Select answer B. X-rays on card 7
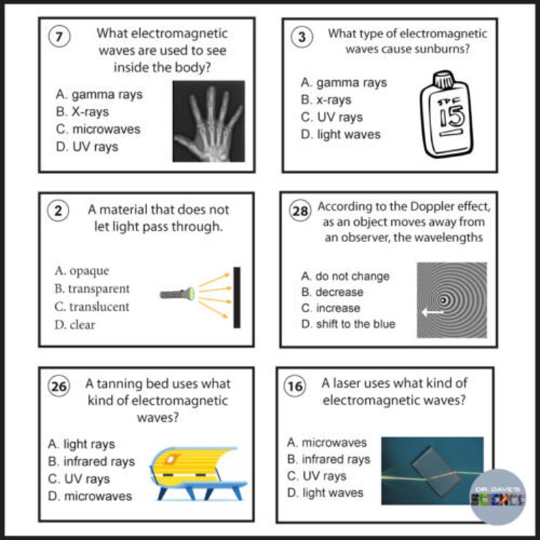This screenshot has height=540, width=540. click(82, 112)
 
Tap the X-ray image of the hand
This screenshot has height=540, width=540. click(208, 121)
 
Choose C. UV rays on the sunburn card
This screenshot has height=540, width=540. click(332, 117)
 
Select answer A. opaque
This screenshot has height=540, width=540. click(82, 271)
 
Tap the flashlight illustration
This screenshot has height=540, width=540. click(178, 294)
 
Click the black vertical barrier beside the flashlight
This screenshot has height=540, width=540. click(237, 297)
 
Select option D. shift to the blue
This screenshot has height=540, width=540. click(348, 324)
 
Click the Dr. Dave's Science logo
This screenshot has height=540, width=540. click(499, 498)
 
